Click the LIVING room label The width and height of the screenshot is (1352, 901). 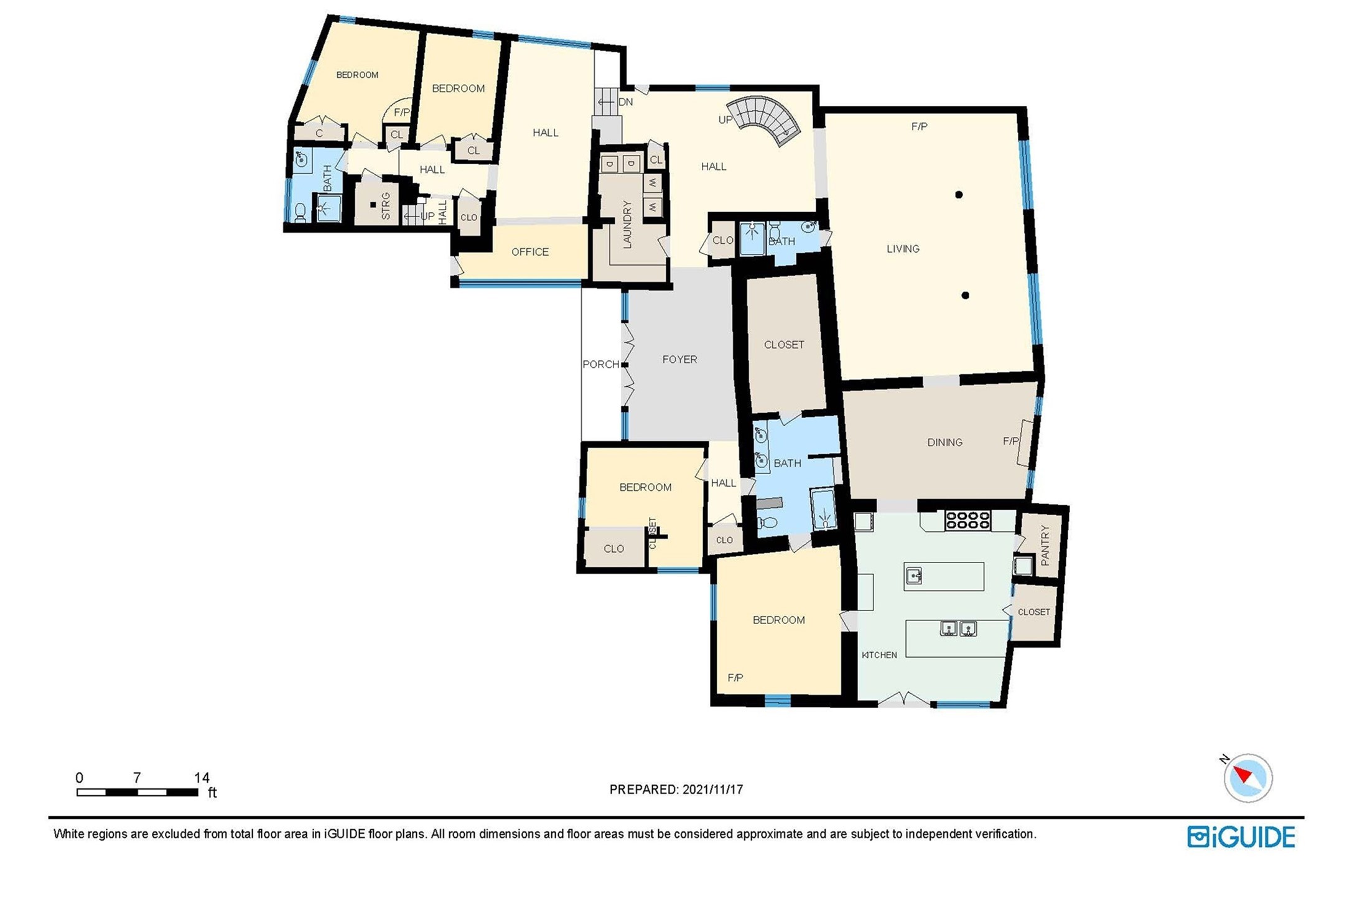[x=903, y=249]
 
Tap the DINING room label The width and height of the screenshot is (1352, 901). [x=944, y=442]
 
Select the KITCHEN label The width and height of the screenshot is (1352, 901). [x=879, y=655]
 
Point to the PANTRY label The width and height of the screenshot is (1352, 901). [x=1045, y=545]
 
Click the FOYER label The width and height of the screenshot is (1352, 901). [x=679, y=360]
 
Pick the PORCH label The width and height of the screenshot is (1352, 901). [x=600, y=364]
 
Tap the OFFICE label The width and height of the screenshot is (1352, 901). [x=530, y=252]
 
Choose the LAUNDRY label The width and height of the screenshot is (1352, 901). [x=627, y=224]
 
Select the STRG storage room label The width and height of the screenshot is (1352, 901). [x=386, y=206]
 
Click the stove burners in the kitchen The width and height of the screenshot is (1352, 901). [x=967, y=520]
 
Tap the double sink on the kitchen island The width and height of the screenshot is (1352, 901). [x=958, y=629]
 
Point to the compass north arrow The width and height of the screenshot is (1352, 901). [x=1242, y=775]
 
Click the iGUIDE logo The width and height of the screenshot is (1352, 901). [x=1241, y=837]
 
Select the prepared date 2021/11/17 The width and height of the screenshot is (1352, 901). [x=712, y=790]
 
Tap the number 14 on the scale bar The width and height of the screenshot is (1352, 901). [x=202, y=778]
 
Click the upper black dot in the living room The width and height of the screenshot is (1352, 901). [x=959, y=195]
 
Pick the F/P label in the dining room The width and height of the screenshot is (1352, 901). [x=1011, y=441]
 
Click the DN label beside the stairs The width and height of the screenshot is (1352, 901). [x=625, y=102]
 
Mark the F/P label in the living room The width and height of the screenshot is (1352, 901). [x=919, y=126]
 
